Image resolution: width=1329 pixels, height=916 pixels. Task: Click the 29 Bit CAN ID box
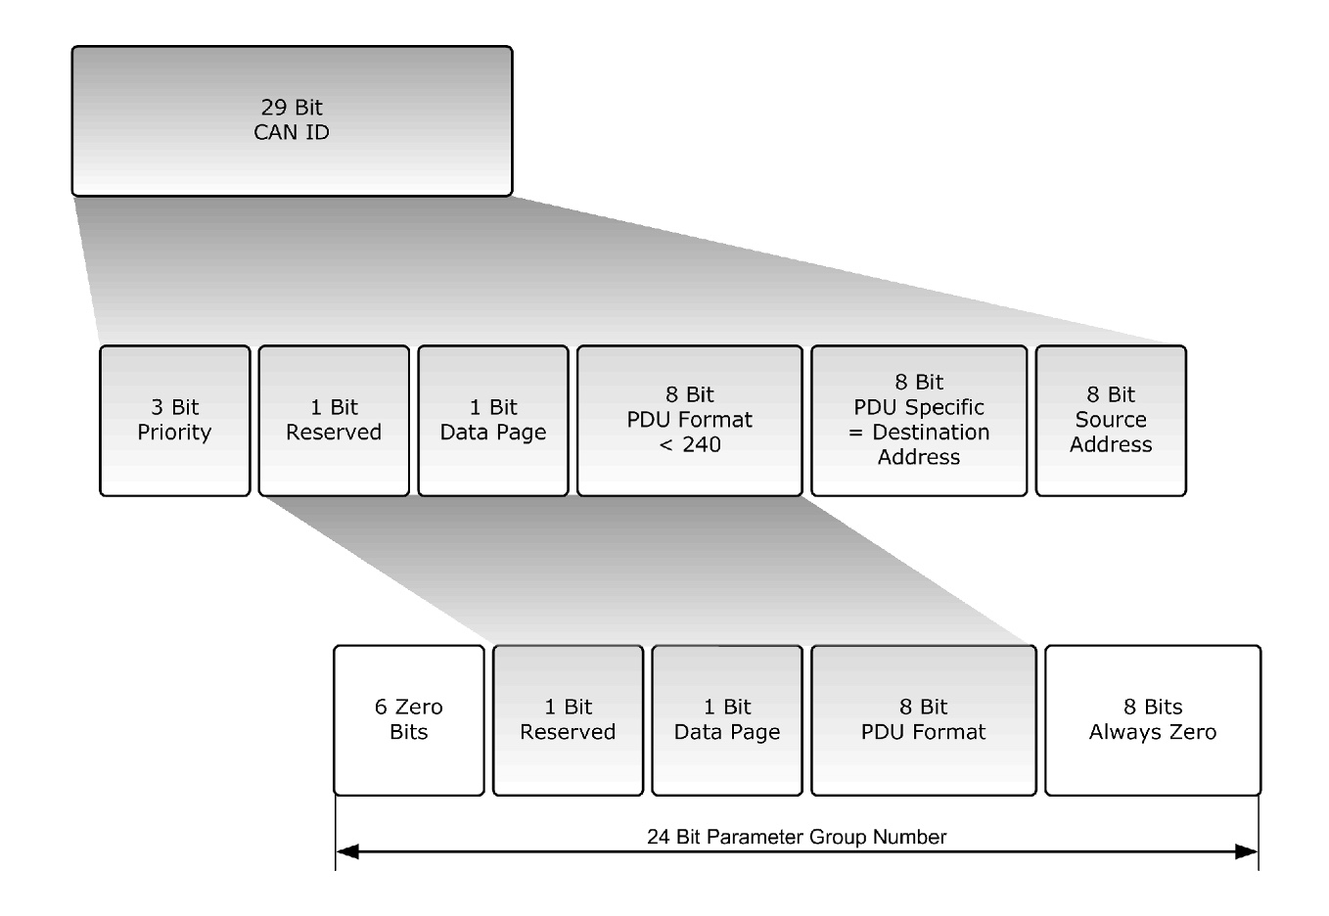click(292, 120)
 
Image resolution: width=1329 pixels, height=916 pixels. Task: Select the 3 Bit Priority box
click(174, 421)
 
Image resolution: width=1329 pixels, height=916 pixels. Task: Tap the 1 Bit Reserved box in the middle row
click(334, 421)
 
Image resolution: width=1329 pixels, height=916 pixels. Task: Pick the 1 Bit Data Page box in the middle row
click(493, 421)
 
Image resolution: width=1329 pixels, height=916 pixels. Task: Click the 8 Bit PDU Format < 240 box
click(689, 421)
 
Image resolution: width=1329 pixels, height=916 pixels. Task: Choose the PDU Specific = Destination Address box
click(919, 421)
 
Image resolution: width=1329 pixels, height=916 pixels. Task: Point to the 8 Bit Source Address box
click(1111, 421)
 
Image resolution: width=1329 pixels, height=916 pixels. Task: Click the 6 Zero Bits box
click(409, 720)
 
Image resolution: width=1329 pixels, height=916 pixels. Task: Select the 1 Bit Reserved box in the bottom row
click(568, 720)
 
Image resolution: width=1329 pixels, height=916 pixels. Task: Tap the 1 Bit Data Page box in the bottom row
click(727, 720)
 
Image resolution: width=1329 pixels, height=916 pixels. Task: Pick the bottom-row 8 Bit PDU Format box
click(923, 720)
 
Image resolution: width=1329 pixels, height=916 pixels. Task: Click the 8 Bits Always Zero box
click(1153, 720)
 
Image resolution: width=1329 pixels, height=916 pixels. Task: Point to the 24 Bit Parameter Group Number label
click(797, 838)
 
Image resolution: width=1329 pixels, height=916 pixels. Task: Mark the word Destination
click(931, 433)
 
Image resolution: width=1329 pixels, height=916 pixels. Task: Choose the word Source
click(1111, 420)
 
